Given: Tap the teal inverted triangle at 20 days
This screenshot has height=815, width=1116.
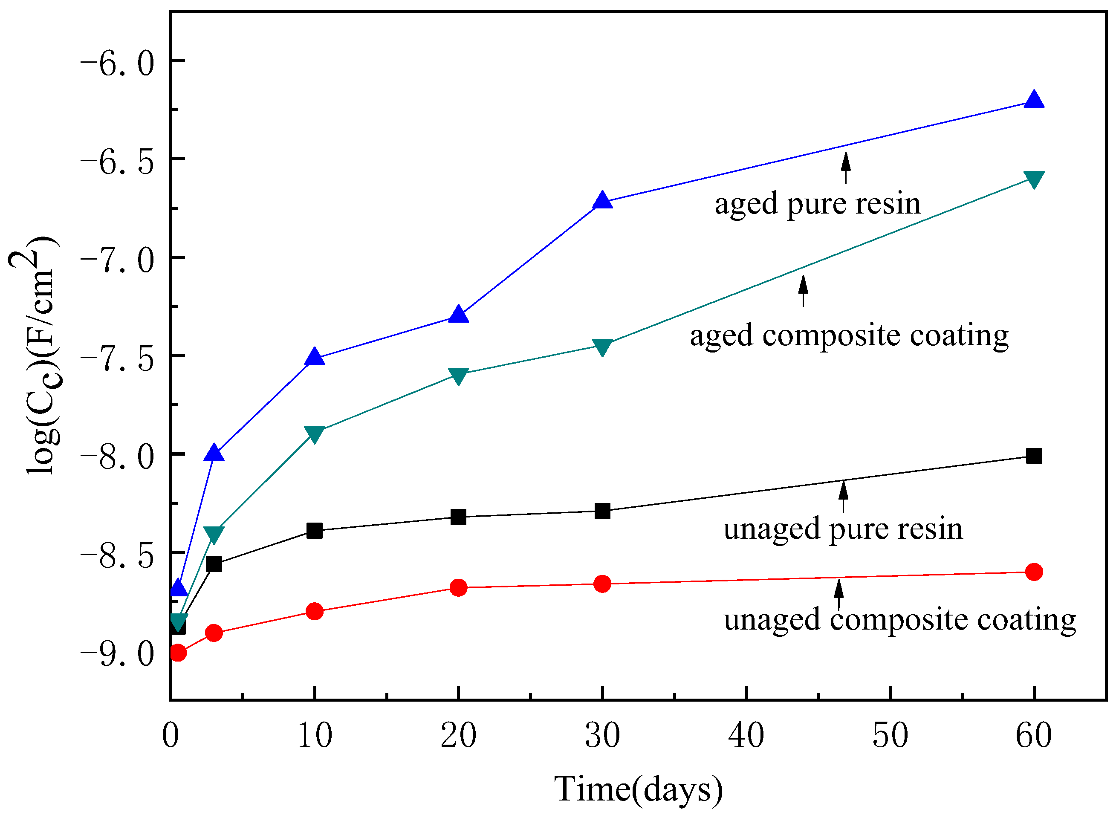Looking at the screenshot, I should [x=458, y=376].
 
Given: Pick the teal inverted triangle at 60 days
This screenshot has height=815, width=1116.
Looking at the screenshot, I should [x=1034, y=179].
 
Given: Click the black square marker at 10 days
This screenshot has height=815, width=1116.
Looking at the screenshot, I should [x=314, y=531].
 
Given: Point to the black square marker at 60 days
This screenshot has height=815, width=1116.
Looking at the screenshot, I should [x=1034, y=456].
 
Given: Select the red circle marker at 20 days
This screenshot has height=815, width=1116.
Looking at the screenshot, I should [x=458, y=587].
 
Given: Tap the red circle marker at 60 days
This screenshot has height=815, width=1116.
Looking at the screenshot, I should [x=1034, y=572].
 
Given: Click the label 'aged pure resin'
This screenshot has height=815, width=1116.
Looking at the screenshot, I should [x=818, y=204].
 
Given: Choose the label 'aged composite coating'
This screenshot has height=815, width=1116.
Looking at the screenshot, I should [x=849, y=335].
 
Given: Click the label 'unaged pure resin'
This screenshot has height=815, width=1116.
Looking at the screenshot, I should [x=843, y=529].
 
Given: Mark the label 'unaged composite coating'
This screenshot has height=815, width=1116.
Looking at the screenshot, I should [x=900, y=620].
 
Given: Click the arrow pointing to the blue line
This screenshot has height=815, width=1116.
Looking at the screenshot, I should [x=846, y=168].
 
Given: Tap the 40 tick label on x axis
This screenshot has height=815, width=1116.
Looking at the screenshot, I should [x=746, y=736].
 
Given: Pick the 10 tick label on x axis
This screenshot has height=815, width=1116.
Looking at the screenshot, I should [x=314, y=736].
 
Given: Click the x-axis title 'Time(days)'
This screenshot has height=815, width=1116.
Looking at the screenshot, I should [x=638, y=789].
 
